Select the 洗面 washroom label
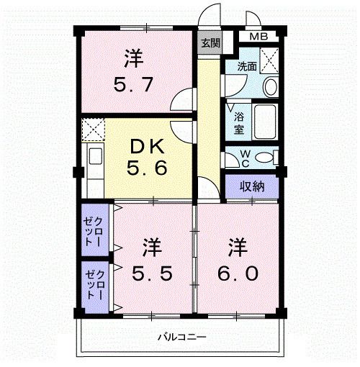[247, 65]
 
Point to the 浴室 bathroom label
[238, 122]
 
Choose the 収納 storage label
[252, 186]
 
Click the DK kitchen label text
[148, 146]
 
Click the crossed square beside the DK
[92, 130]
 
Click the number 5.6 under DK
[148, 171]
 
